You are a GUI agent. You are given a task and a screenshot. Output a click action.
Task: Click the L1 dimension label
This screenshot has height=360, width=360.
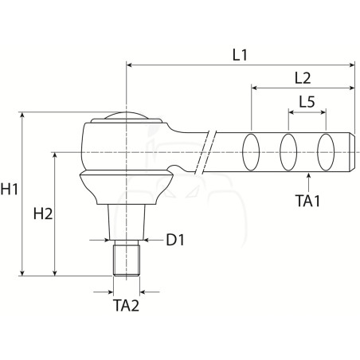click(240, 55)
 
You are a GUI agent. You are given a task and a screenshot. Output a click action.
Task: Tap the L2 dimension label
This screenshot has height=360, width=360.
click(303, 78)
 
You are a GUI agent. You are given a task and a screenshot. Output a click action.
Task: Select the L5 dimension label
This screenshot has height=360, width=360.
click(307, 102)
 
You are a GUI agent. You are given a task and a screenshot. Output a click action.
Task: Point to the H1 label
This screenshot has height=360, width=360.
click(10, 190)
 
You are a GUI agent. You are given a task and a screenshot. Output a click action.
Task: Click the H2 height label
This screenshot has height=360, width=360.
click(43, 213)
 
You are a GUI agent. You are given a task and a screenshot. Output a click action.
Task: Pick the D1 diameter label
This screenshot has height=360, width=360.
click(175, 240)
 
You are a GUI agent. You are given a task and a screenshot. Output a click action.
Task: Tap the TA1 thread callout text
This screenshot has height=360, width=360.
click(308, 201)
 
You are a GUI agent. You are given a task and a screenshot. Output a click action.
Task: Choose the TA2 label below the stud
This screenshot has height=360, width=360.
click(126, 305)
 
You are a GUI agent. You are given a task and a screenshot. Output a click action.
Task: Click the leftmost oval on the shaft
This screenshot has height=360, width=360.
click(251, 152)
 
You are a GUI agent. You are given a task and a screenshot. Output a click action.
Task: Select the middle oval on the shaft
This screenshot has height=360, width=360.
click(288, 152)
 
